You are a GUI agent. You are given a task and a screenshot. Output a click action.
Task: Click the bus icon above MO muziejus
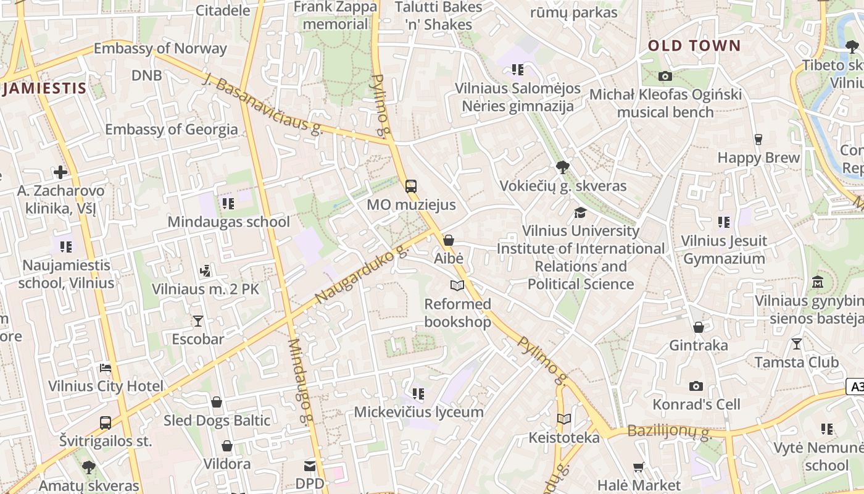[x=411, y=186]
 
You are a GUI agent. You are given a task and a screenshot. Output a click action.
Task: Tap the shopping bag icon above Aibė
[x=449, y=240]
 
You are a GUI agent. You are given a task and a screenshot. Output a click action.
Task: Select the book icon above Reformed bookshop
[x=457, y=285]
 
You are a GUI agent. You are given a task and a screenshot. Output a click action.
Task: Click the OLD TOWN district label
[x=694, y=46]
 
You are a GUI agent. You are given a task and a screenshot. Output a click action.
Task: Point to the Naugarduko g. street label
[x=362, y=274]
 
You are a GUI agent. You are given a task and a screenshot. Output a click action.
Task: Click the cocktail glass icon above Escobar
[x=197, y=320]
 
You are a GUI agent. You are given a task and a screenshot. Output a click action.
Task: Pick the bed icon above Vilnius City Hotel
[x=106, y=368]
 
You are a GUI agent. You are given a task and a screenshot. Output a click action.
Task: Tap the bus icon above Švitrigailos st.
[x=106, y=423]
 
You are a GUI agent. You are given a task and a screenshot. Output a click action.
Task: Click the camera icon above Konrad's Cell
[x=696, y=386]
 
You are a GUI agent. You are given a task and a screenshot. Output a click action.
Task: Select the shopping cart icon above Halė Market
[x=639, y=467]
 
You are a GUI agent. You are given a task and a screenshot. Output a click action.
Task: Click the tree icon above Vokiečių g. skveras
[x=562, y=167]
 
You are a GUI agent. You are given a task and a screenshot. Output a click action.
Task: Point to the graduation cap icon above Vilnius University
[x=580, y=212]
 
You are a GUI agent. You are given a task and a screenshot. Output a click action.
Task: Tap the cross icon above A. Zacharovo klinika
[x=60, y=172]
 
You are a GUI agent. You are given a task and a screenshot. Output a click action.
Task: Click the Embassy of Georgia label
[x=171, y=129]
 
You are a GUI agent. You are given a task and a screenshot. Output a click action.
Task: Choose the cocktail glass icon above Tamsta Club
[x=797, y=343]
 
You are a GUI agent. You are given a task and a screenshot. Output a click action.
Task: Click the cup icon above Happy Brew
[x=758, y=139]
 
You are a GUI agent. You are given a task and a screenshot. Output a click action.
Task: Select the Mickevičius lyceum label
[x=418, y=412]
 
